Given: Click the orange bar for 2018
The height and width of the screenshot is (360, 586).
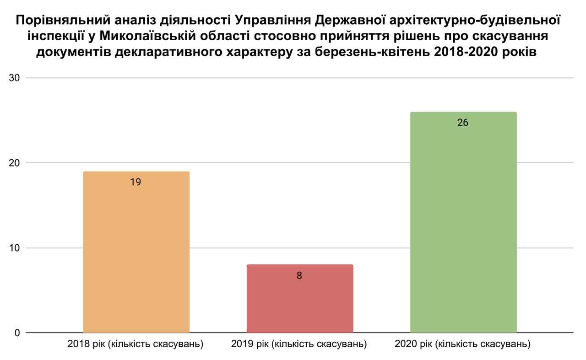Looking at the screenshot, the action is [x=136, y=252].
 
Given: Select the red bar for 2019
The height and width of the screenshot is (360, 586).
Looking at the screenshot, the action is [x=300, y=299].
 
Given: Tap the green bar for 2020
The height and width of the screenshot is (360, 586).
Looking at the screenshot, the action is [x=464, y=222].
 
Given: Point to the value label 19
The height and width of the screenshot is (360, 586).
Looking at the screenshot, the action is [x=136, y=182].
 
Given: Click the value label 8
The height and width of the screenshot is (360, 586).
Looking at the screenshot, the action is [x=299, y=275].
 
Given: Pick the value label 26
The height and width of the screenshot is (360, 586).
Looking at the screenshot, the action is [x=463, y=123].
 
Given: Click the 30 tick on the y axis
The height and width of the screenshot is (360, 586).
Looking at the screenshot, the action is [x=14, y=78].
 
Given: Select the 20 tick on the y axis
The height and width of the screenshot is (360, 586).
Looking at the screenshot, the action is [x=14, y=162].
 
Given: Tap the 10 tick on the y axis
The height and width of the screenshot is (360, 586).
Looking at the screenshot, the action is [x=14, y=248].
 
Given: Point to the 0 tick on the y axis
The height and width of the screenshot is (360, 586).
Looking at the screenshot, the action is [x=17, y=333].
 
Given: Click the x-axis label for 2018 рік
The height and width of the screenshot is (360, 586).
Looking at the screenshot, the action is [x=135, y=344].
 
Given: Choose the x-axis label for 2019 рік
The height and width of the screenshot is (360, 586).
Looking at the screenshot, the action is [x=299, y=344].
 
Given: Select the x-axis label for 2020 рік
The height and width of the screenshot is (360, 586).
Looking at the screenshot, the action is [x=462, y=344].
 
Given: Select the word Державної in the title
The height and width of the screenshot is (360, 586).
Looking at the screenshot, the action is [x=350, y=21].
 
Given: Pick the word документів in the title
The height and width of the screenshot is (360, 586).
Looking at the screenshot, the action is [x=74, y=52].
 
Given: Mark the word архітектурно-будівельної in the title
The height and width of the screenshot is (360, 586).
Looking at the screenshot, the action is [x=475, y=21].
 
